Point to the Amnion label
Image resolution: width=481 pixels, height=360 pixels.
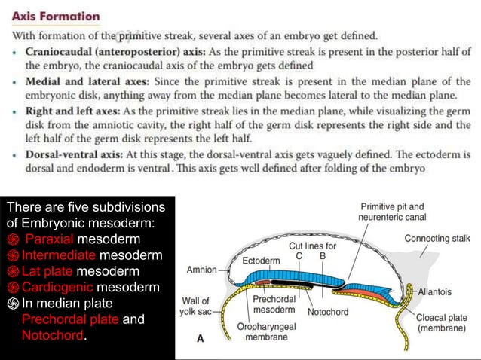(201, 269)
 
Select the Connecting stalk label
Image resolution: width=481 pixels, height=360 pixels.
(437, 239)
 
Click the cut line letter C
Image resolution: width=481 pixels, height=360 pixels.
(299, 255)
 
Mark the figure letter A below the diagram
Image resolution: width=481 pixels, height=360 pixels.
(200, 339)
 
